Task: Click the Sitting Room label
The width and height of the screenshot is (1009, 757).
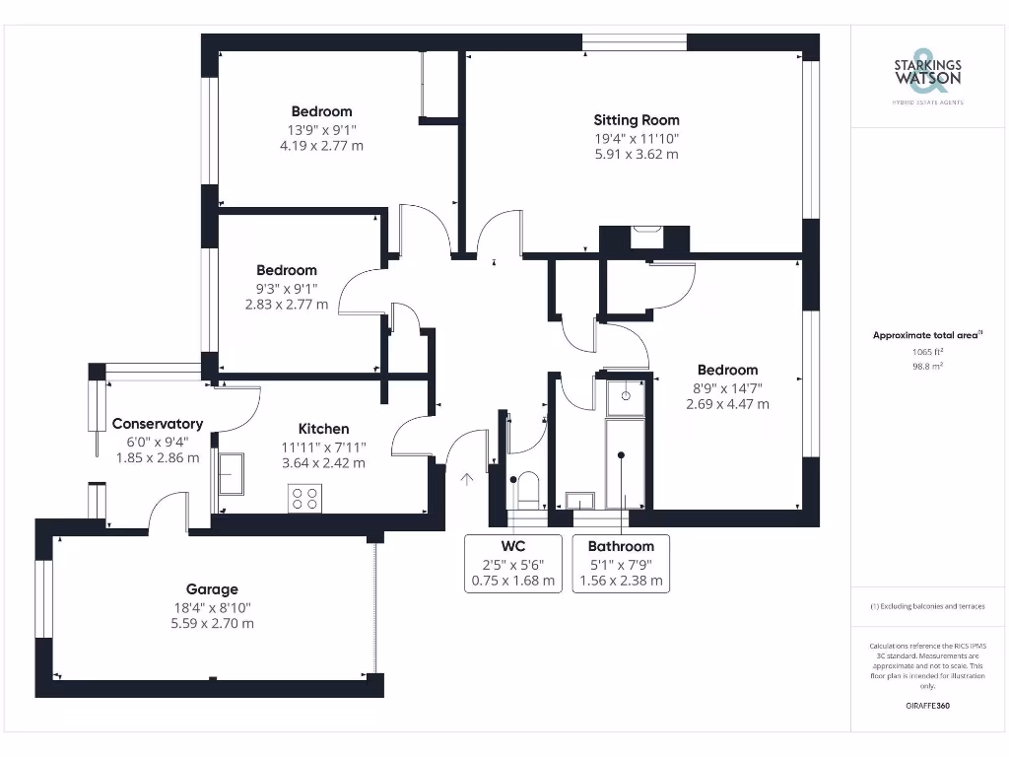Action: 637,119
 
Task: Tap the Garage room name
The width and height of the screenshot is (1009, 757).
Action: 212,589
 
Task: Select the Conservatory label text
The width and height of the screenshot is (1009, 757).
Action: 158,424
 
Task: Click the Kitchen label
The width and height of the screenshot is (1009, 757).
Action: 323,429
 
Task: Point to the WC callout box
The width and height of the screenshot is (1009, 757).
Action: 512,563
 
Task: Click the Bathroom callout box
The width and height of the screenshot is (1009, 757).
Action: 621,563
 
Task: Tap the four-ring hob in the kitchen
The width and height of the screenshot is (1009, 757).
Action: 305,499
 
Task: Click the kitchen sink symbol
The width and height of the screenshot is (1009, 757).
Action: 232,473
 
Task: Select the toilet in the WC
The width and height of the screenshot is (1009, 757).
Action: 528,488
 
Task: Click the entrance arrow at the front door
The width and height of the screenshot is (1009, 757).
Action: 467,480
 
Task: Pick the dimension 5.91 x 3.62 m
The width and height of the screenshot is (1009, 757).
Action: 637,154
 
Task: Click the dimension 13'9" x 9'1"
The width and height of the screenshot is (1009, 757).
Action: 321,129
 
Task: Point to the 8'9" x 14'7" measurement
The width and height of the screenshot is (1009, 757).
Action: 727,387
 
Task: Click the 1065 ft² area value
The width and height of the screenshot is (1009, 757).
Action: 927,351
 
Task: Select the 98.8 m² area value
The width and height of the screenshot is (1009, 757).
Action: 927,366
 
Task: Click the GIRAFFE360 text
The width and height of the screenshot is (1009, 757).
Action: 927,706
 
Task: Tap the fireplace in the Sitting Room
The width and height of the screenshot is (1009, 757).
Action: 646,238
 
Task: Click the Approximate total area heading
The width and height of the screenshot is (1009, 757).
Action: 926,335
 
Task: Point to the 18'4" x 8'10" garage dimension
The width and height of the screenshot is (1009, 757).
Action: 212,607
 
